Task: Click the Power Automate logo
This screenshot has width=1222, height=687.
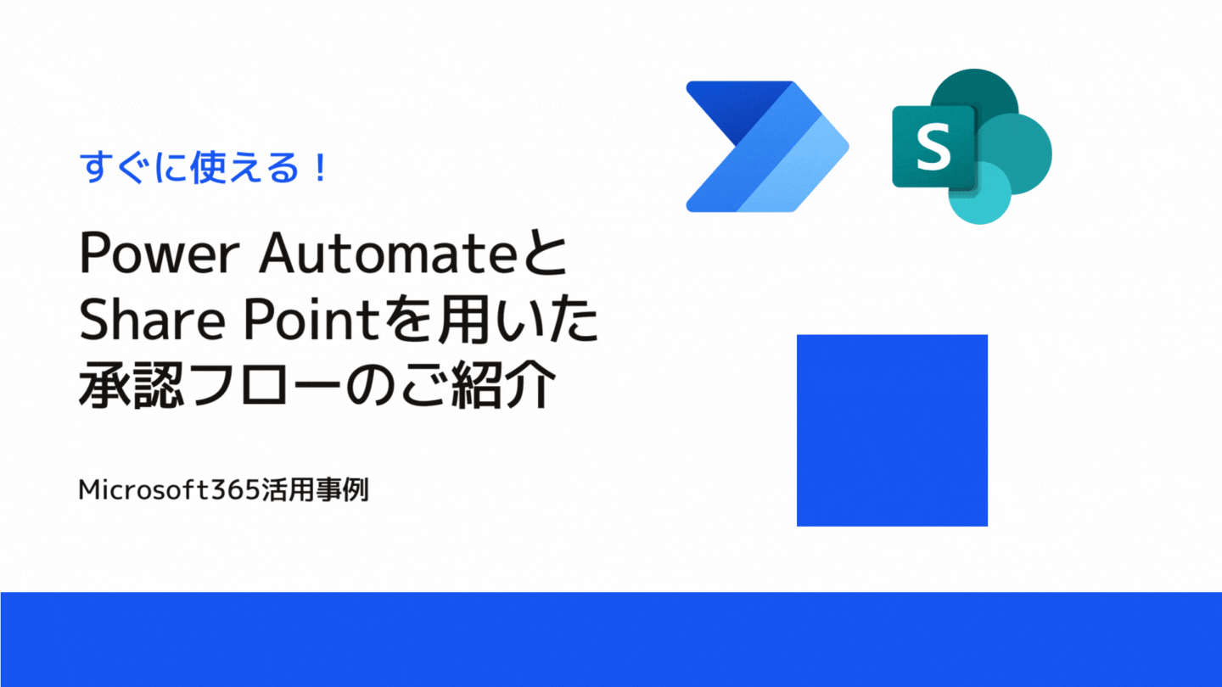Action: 767,147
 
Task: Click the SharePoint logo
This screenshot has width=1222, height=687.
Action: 973,146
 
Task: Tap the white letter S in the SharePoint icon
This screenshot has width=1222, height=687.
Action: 933,146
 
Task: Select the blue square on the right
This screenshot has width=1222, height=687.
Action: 892,430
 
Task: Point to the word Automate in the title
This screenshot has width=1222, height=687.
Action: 395,254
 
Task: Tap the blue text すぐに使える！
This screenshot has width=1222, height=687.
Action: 204,167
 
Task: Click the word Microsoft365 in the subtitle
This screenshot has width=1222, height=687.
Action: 169,489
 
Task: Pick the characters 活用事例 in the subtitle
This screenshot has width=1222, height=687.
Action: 315,489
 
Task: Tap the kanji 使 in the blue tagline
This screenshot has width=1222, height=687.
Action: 206,167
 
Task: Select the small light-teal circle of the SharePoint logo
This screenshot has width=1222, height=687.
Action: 980,193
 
